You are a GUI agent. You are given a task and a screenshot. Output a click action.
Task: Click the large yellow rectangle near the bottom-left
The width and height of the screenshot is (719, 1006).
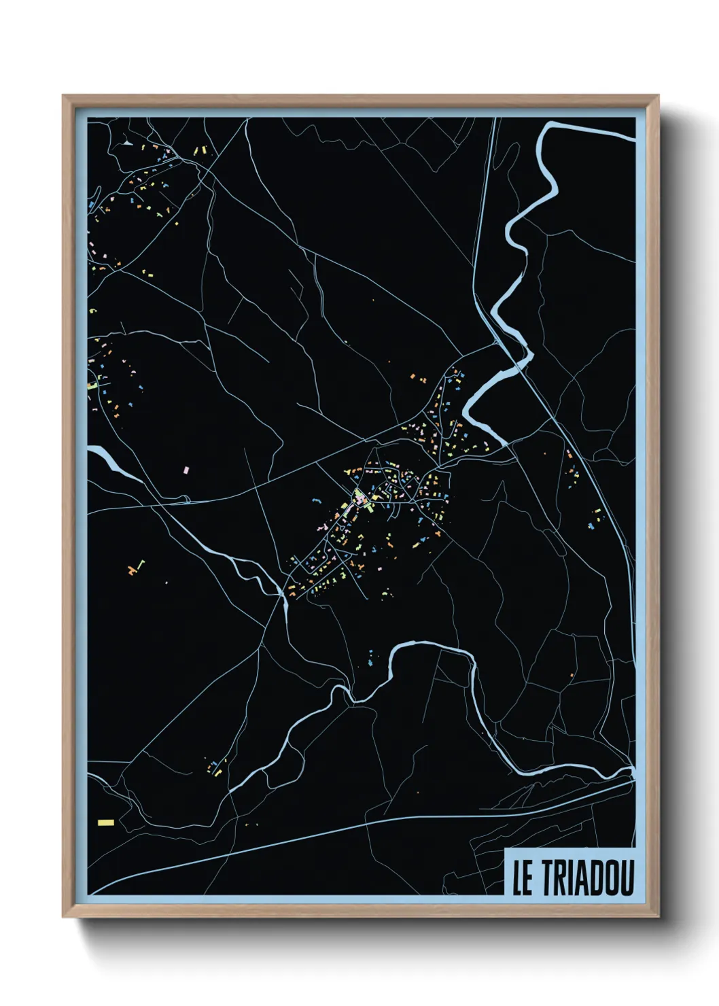click(x=106, y=822)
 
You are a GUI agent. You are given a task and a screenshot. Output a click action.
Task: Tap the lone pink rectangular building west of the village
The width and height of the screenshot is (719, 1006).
click(x=186, y=469)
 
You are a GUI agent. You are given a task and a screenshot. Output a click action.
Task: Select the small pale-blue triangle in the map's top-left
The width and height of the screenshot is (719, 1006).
click(x=127, y=143)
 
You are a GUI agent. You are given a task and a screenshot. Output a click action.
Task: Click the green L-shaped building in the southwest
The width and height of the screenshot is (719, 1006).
click(x=141, y=564)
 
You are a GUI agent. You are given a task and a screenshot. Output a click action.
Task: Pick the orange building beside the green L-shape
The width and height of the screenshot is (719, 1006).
click(x=130, y=569)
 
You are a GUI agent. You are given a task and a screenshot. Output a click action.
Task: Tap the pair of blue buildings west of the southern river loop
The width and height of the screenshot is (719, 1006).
click(x=370, y=658)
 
